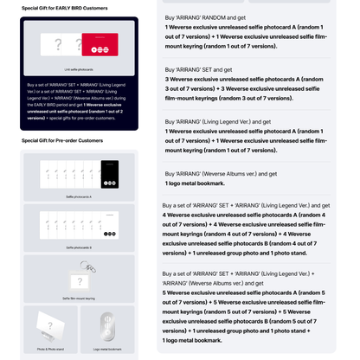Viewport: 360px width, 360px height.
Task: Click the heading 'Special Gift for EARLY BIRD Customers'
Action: [x=65, y=9]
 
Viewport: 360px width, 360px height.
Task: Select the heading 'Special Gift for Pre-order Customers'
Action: [x=61, y=140]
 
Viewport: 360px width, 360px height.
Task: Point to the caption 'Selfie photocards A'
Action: [x=79, y=197]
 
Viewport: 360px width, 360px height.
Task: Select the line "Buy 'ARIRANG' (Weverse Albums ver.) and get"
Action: [x=221, y=173]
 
